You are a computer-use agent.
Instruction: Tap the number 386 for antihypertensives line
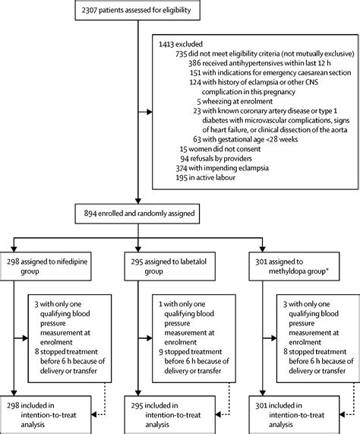tap(197, 66)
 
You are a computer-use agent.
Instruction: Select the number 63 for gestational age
tap(200, 160)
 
